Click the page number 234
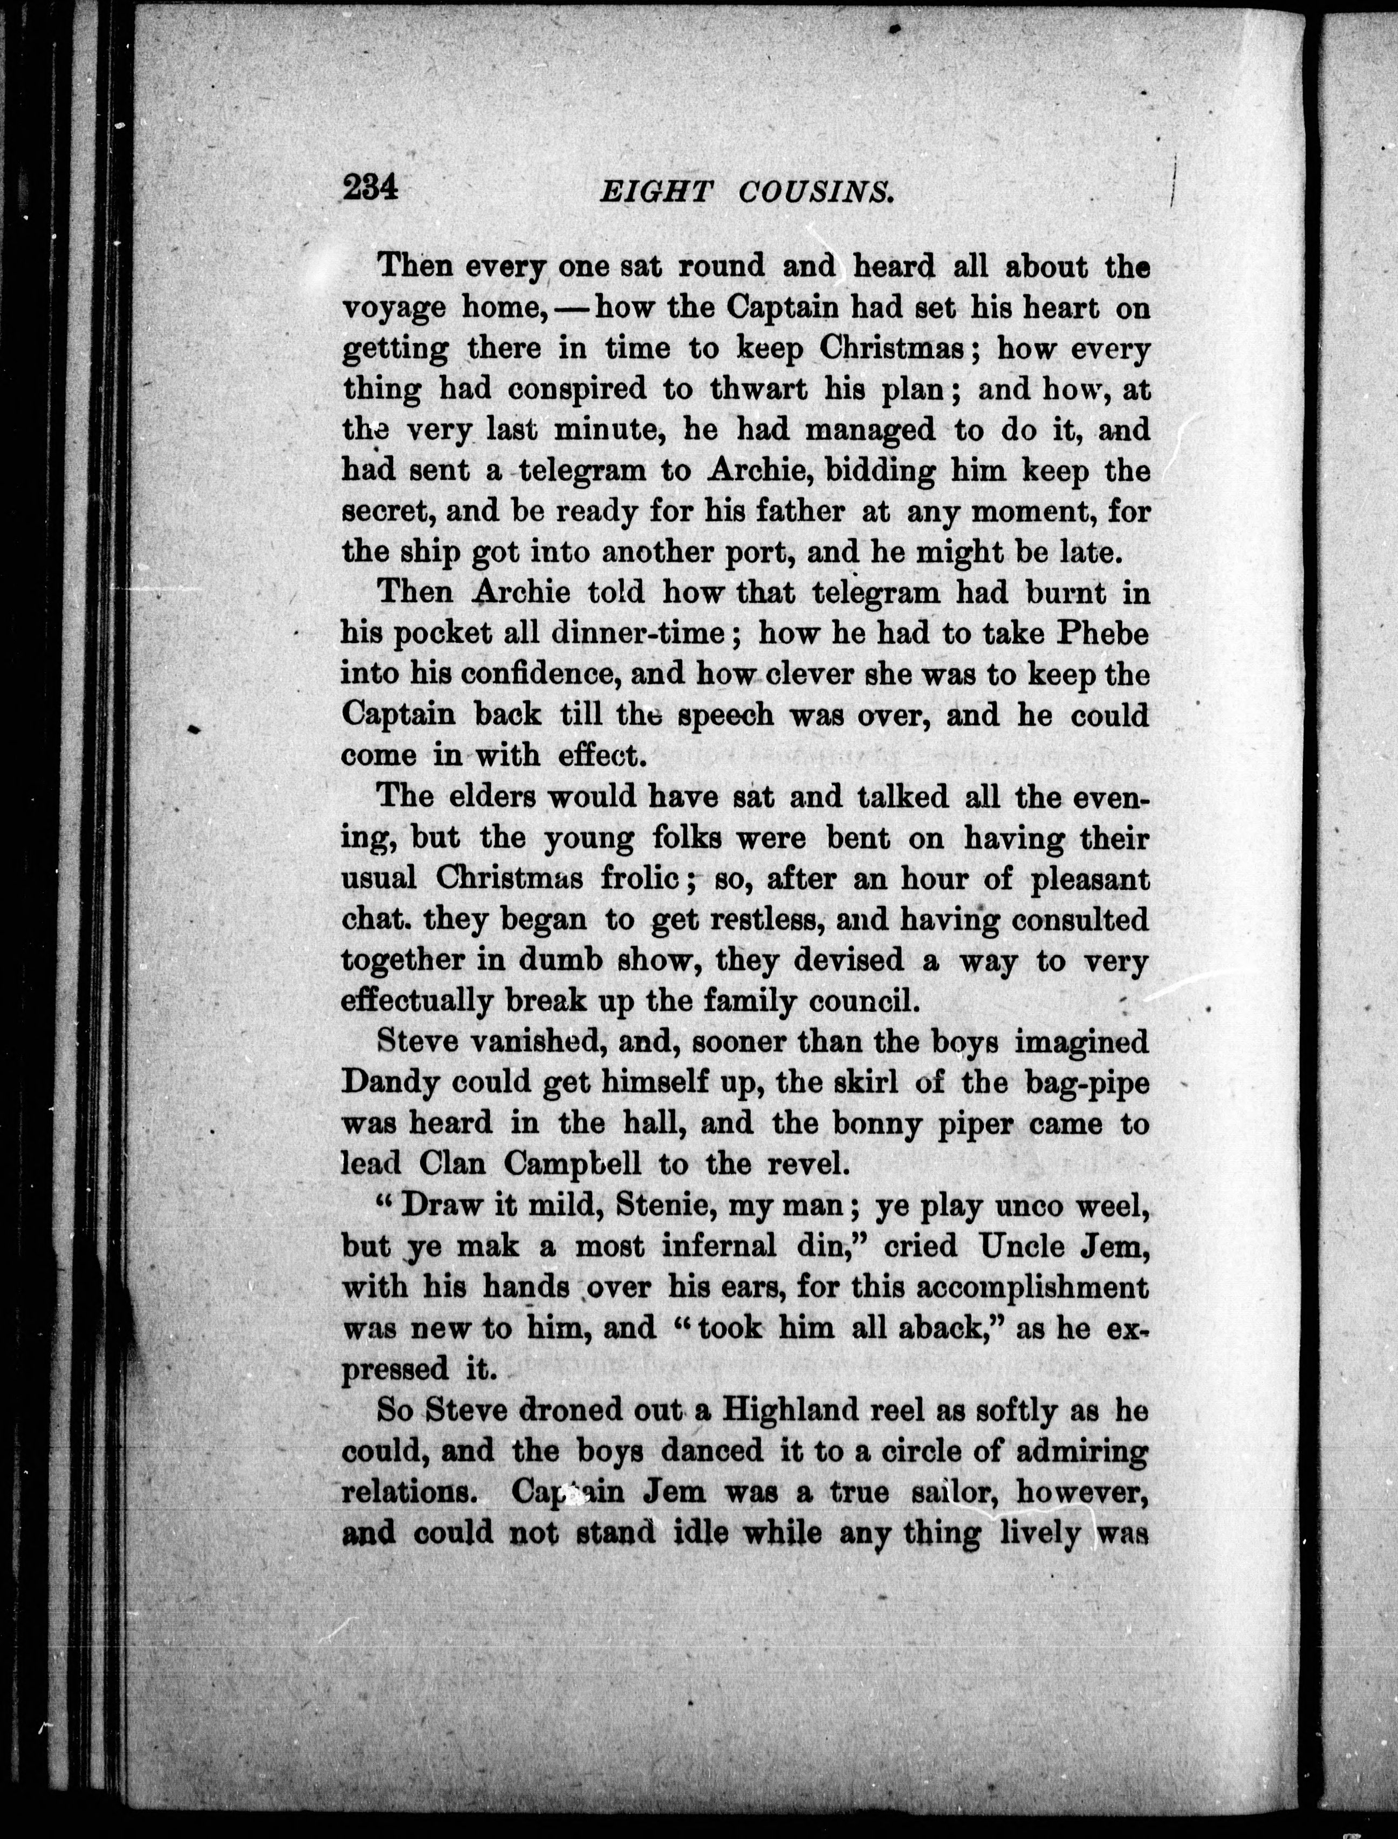coord(371,187)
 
